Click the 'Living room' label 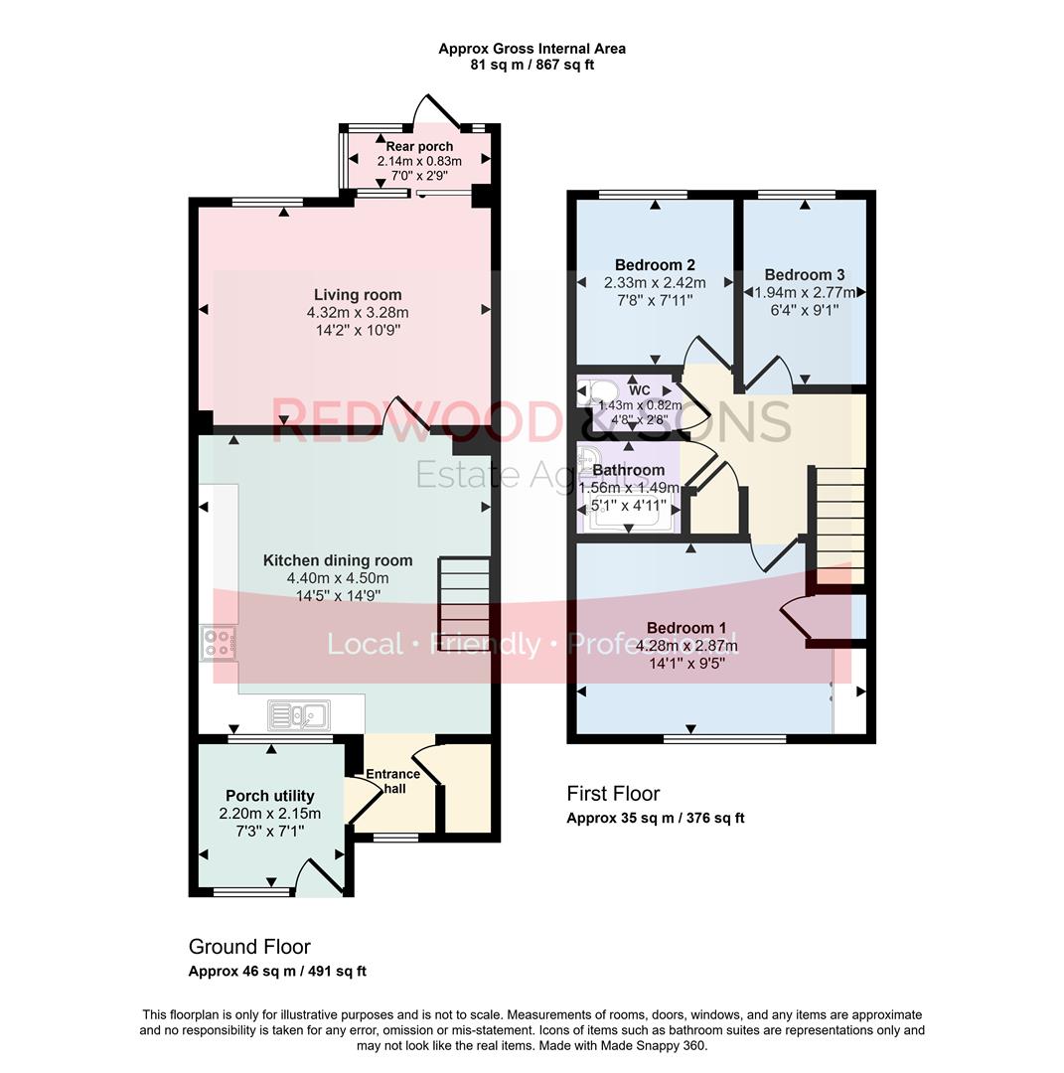point(358,295)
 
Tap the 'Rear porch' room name point(419,147)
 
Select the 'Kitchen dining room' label point(338,560)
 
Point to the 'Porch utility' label point(270,796)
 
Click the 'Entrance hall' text point(393,781)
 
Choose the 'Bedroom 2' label point(655,265)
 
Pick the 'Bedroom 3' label point(805,275)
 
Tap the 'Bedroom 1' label point(686,628)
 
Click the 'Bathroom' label point(629,470)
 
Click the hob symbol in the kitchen point(218,644)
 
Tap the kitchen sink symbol point(299,714)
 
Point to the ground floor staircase point(464,596)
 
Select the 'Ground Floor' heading point(249,947)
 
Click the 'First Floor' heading point(613,794)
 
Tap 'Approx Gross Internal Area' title point(532,48)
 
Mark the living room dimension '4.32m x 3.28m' point(358,313)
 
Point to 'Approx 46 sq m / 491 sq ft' point(277,972)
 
